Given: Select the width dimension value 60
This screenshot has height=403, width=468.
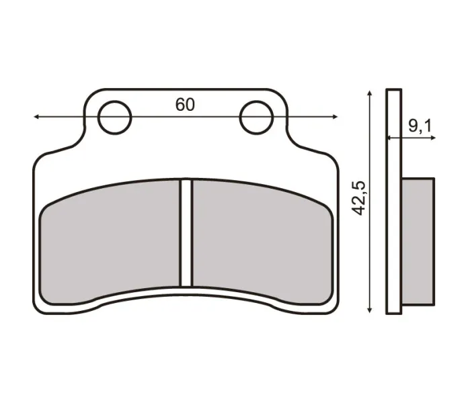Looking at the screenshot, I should pos(186,105).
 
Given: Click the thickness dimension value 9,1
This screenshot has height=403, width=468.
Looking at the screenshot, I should pos(420,125).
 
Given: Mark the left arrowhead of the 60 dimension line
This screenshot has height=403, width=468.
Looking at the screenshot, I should pos(36,117).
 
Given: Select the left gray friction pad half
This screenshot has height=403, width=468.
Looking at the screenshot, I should pos(111,242).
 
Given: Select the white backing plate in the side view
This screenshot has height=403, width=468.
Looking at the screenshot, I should pos(394,201).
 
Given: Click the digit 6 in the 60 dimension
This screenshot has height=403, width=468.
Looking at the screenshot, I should pos(180,105).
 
